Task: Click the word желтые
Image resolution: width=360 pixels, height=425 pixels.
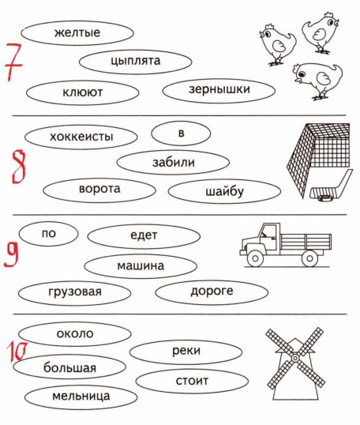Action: tap(77, 32)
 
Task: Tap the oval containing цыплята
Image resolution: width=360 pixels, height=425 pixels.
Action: tap(136, 62)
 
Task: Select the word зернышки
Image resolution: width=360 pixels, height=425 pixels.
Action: tap(219, 89)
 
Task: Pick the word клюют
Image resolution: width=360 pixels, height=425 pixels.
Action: tap(83, 92)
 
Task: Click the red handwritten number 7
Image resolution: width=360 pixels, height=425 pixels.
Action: tap(13, 62)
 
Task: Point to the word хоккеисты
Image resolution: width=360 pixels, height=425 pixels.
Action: tap(81, 137)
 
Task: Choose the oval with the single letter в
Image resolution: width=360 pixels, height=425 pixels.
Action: tap(181, 134)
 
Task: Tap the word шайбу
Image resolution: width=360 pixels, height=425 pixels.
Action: tap(224, 192)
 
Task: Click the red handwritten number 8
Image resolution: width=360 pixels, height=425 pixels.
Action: tap(19, 167)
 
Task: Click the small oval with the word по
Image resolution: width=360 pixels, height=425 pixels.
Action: tap(48, 234)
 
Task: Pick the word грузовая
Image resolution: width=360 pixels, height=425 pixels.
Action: tap(75, 292)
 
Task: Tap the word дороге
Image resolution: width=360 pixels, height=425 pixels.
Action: tap(212, 291)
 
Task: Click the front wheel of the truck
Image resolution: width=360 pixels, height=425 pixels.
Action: tap(255, 258)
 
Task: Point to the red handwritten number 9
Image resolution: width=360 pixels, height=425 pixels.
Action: tap(11, 254)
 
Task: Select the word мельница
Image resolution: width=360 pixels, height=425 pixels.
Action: tap(81, 397)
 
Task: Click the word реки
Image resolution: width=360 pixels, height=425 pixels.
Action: tap(186, 351)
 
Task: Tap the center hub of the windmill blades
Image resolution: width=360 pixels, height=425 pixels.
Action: tap(295, 359)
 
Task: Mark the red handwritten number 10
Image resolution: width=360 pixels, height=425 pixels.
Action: tap(17, 352)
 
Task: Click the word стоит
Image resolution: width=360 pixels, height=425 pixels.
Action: tap(192, 381)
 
